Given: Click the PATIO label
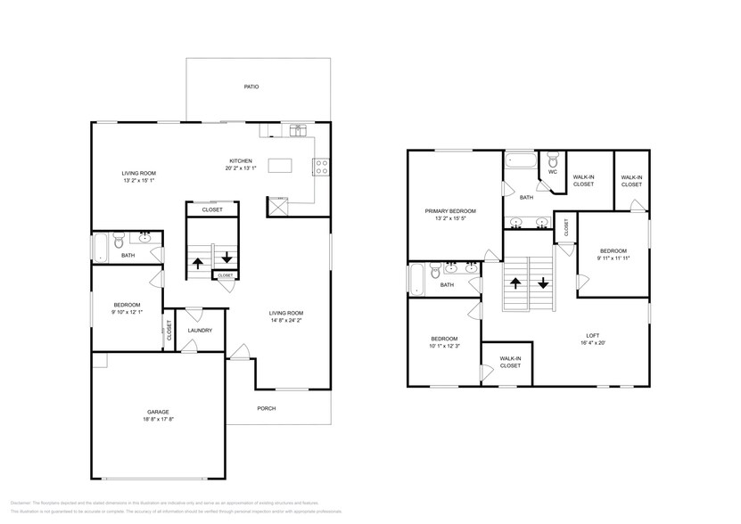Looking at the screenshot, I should coord(251,87).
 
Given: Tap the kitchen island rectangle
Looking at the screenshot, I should coord(282,165).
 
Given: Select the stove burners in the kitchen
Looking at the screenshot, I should coord(322,164).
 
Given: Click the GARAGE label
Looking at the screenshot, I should coord(157,412).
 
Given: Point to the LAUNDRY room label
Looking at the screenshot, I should coord(200,331).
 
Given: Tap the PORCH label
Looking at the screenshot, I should coord(266,408).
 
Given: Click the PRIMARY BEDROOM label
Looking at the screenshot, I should coord(450,211).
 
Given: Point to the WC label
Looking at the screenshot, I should coord(553,172).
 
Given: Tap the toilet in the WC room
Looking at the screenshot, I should coord(553,160).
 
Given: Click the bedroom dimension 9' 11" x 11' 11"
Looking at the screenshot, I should coord(613,258).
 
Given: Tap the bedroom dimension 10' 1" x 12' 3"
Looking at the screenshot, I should coord(444,346).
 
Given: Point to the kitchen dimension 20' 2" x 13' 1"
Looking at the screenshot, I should coord(241,168).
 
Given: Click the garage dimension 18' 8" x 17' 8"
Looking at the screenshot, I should coord(157,420).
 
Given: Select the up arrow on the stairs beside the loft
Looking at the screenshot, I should coord(515,284).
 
